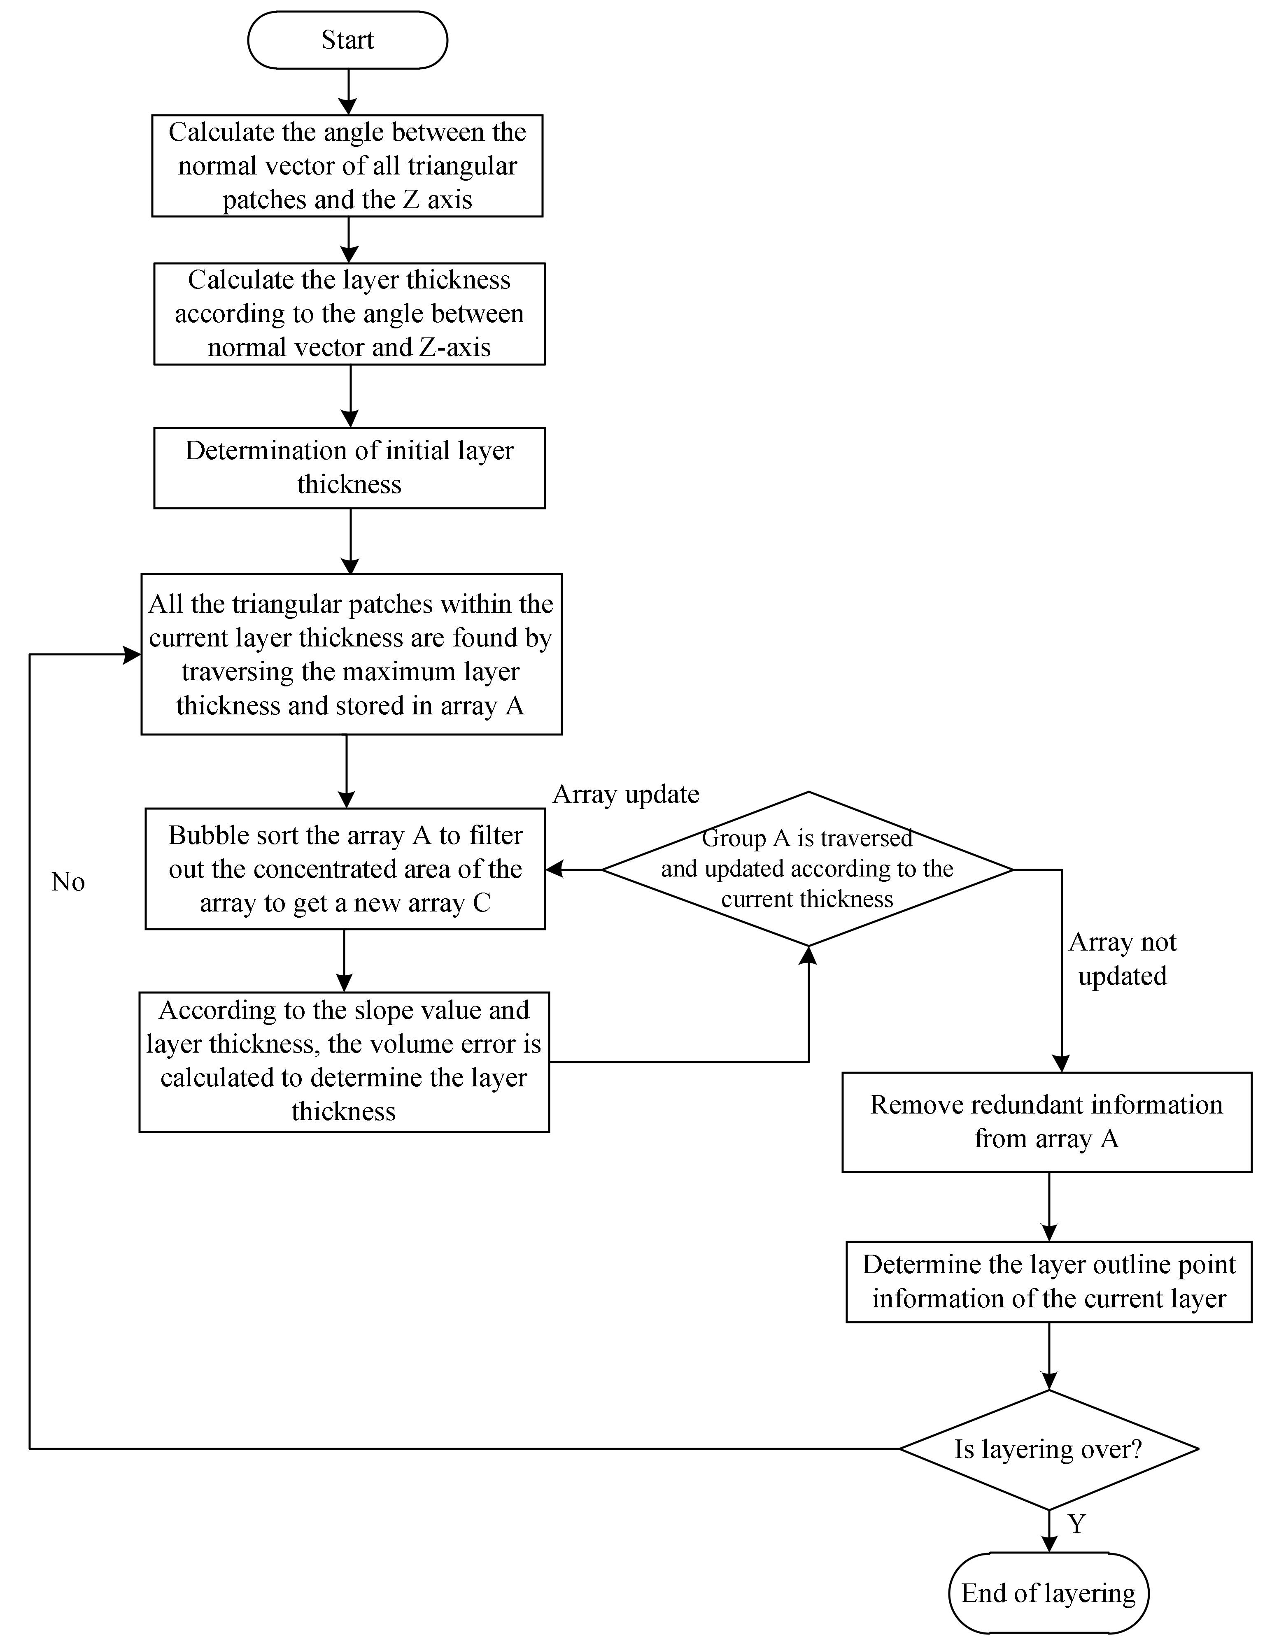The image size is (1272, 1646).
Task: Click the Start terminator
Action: pos(347,40)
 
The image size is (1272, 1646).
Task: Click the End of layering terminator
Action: pos(1048,1593)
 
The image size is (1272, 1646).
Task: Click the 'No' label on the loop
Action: pos(68,882)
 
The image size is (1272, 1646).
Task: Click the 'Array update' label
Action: pos(626,794)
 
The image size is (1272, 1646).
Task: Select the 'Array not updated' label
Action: pos(1122,959)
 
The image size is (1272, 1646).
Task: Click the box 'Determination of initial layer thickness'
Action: pos(349,467)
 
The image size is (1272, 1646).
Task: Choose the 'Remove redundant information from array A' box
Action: pos(1046,1121)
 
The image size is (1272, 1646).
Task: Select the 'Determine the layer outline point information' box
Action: pos(1049,1281)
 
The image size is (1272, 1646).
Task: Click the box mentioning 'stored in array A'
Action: pos(352,654)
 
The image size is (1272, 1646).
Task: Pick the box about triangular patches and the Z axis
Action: pos(347,166)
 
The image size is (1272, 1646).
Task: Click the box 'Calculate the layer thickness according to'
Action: pos(349,314)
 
